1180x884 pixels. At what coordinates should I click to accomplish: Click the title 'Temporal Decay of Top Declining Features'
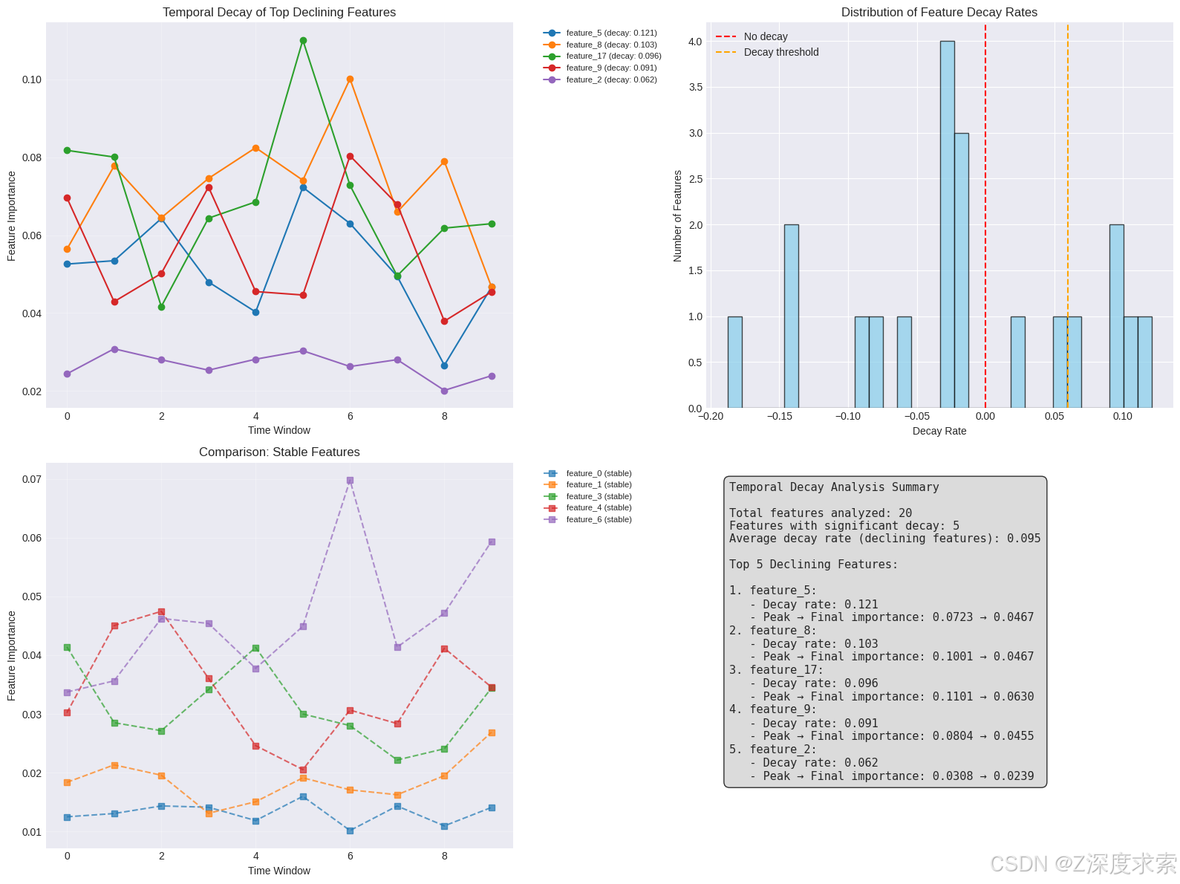click(279, 12)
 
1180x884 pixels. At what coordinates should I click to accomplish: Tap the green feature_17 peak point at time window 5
click(303, 41)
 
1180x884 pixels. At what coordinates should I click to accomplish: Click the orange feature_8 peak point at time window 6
click(350, 79)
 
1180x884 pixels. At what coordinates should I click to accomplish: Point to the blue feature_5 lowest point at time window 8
click(444, 365)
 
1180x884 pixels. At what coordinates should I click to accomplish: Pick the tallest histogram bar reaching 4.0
click(947, 223)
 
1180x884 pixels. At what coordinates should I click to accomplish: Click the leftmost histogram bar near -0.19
click(734, 363)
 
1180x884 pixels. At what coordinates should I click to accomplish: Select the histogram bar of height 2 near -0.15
click(791, 316)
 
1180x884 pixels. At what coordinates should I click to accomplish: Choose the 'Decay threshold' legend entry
click(780, 52)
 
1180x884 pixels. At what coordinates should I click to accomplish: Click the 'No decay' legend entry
click(765, 36)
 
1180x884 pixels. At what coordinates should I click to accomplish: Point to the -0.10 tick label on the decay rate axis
click(847, 417)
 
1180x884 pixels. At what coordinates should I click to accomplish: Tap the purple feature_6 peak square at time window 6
click(350, 481)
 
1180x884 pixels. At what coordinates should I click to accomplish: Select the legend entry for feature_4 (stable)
click(598, 508)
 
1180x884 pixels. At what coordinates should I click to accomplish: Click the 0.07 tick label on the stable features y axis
click(32, 479)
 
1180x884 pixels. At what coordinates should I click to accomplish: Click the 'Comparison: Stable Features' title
click(279, 452)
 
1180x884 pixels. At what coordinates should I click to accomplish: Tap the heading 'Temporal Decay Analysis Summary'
click(834, 487)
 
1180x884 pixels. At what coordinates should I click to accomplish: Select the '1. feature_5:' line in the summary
click(772, 591)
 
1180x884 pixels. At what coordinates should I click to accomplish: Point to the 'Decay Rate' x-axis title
click(939, 431)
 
